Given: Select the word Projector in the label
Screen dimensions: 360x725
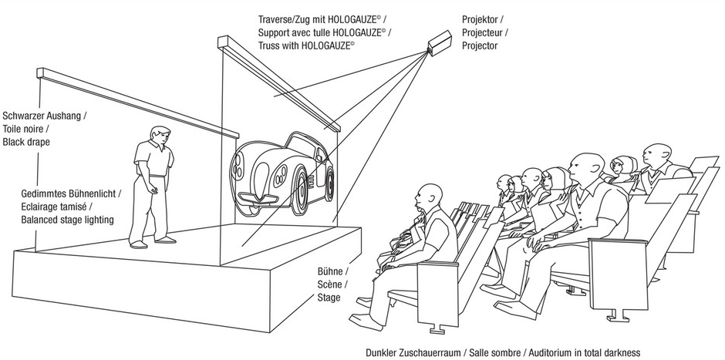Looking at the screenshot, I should (x=480, y=46).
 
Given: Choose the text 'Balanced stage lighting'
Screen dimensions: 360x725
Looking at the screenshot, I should (x=68, y=220).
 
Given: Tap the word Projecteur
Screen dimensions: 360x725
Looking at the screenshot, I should (x=484, y=32).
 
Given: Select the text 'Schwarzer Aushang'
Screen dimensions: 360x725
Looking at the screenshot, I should (x=45, y=116).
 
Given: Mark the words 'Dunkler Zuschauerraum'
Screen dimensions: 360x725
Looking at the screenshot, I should (x=414, y=352).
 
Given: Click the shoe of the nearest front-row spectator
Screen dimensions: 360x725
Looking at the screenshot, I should (x=362, y=318).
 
